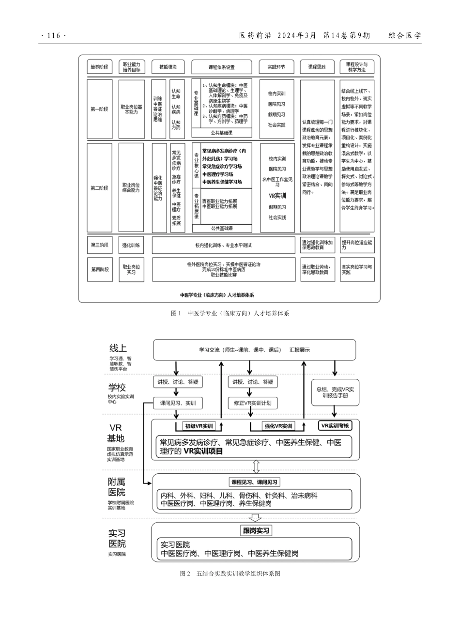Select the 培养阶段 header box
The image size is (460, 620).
99,67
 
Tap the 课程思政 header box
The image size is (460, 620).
317,67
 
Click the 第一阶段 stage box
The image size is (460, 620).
99,109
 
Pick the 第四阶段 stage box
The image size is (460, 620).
99,269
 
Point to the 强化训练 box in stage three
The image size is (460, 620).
131,245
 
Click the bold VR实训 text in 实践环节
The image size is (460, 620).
277,196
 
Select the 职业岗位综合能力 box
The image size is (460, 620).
131,187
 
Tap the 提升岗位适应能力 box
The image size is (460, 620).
357,245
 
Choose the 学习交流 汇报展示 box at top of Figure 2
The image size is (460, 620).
254,350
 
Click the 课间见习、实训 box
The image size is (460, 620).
178,403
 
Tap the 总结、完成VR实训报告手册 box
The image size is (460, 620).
335,392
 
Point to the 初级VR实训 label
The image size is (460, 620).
199,426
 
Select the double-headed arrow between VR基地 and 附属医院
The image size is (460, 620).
256,466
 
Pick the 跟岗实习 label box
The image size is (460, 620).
256,530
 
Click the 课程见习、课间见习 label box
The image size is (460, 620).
256,482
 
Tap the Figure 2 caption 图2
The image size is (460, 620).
230,573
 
